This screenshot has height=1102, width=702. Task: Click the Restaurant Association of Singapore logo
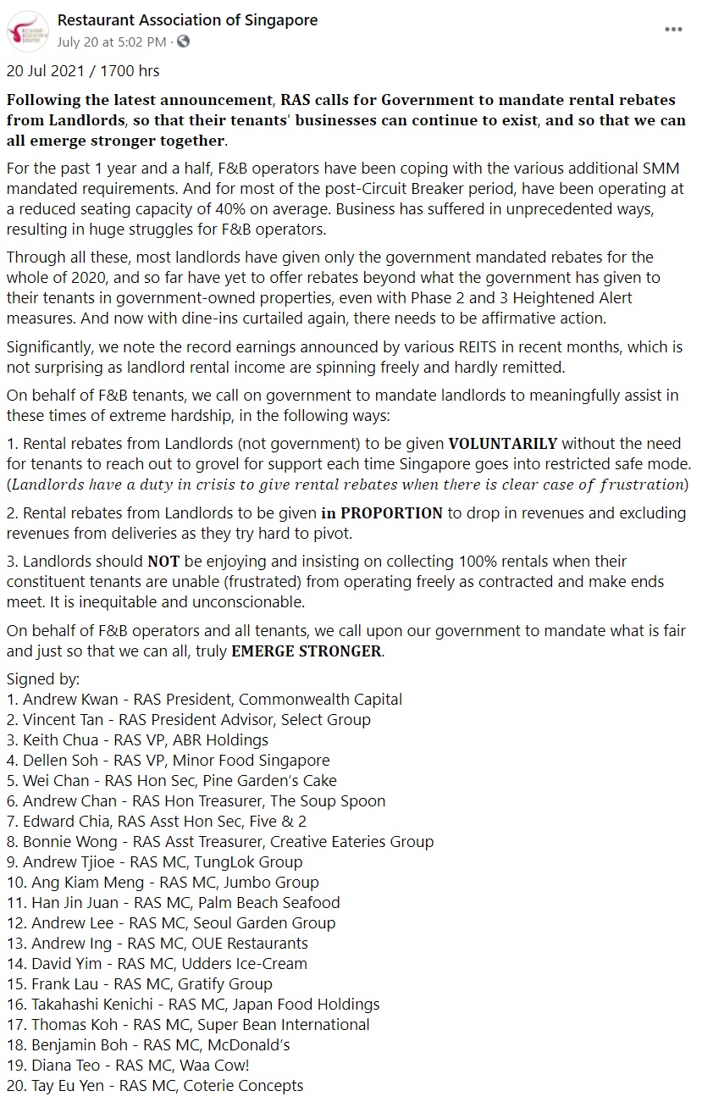(27, 30)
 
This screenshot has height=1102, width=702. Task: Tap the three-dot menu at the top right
(673, 29)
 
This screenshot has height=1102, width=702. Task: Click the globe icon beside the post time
(184, 41)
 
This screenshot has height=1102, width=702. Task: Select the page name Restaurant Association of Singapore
(188, 20)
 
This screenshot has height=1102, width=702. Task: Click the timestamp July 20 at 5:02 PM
(111, 41)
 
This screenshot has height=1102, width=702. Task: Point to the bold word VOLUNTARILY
(502, 444)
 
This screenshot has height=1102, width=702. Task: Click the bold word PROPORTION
(392, 513)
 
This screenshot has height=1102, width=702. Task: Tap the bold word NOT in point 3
(159, 562)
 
